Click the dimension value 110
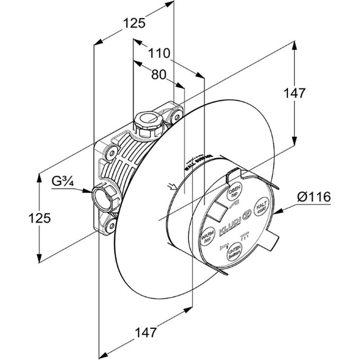point(159,53)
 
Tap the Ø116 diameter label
point(314,197)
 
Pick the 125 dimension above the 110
point(134,23)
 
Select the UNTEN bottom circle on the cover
point(234,254)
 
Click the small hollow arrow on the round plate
point(170,185)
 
